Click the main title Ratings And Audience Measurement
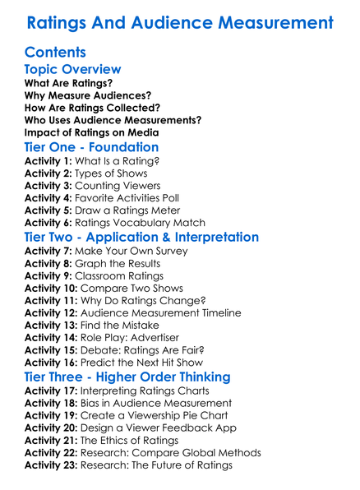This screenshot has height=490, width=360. [x=180, y=22]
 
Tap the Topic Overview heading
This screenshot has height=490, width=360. [x=73, y=70]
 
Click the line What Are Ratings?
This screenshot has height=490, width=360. [x=68, y=84]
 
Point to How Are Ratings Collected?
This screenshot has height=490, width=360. [x=92, y=108]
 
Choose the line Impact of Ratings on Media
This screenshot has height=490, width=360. [x=91, y=132]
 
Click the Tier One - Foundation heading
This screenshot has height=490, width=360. [x=92, y=148]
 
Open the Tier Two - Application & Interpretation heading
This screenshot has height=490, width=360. [x=153, y=238]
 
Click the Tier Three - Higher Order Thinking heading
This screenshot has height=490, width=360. [x=139, y=377]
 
